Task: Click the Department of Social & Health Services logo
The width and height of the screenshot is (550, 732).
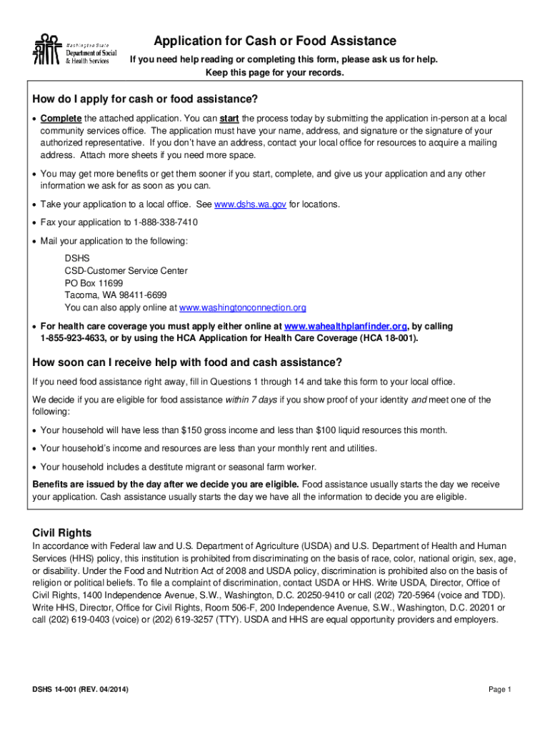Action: pos(72,49)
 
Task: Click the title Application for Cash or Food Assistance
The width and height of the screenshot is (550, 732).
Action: pos(275,41)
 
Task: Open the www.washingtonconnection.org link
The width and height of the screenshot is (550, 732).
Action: pos(243,307)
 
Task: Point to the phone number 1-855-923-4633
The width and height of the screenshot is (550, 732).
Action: pos(74,338)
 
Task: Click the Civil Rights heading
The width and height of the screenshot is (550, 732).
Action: pos(62,533)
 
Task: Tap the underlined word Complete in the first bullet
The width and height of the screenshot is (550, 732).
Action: pos(61,118)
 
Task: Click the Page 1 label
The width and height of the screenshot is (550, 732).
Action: pos(500,690)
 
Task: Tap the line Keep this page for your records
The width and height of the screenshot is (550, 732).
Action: pos(275,73)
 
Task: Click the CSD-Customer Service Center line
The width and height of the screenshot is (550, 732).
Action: pos(126,271)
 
